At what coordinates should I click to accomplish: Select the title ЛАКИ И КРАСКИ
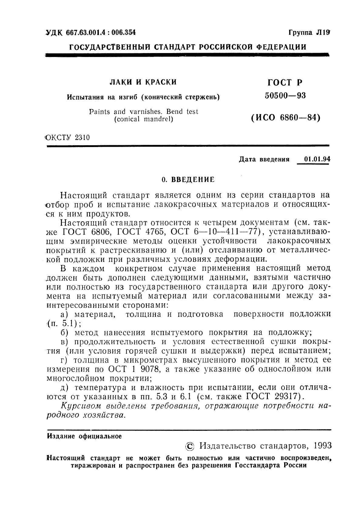pyautogui.click(x=143, y=82)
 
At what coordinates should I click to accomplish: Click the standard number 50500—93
pyautogui.click(x=285, y=96)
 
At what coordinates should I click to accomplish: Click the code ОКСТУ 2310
pyautogui.click(x=68, y=138)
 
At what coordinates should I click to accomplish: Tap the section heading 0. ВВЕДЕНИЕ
pyautogui.click(x=188, y=179)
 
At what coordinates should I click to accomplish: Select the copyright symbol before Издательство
pyautogui.click(x=190, y=446)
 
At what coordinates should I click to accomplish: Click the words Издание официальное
pyautogui.click(x=84, y=436)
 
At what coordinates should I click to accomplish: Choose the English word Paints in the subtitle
pyautogui.click(x=100, y=112)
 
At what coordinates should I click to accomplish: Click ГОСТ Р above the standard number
pyautogui.click(x=285, y=82)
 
